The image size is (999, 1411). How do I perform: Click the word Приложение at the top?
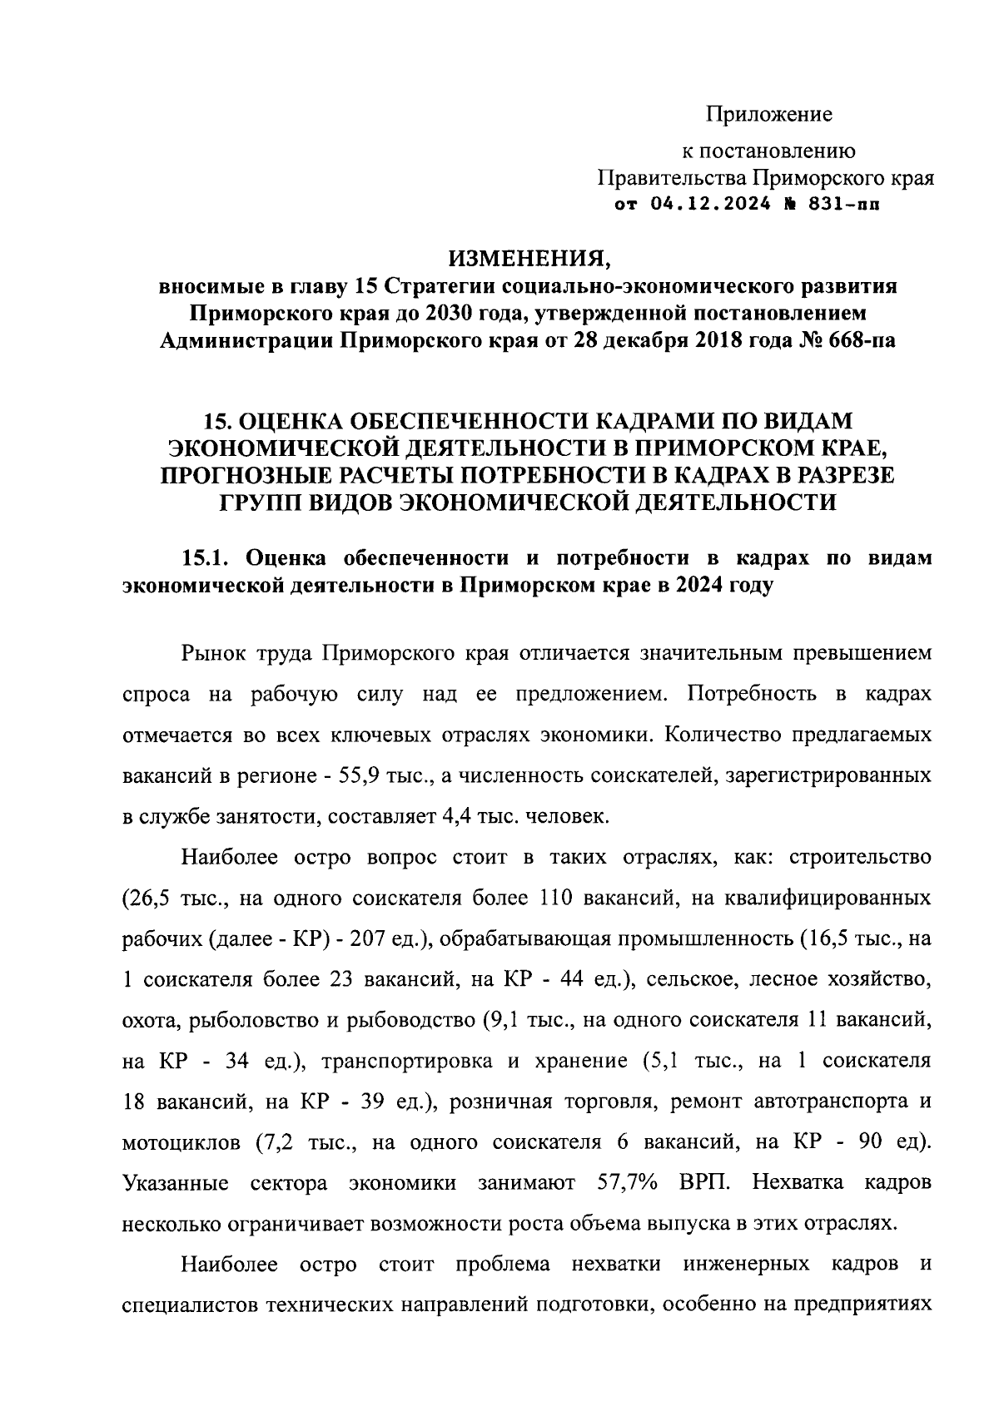coord(769,114)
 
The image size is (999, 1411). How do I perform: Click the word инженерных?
coord(745,1265)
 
